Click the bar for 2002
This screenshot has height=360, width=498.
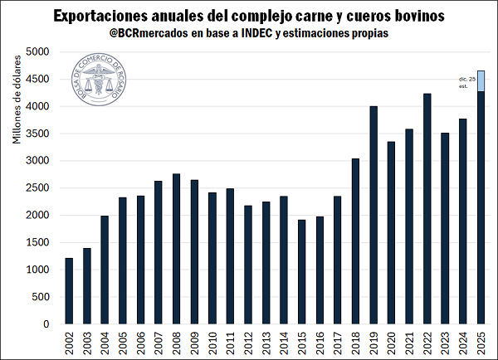tap(69, 291)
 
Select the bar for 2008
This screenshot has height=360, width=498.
tap(176, 249)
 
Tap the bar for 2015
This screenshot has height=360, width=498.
tap(301, 271)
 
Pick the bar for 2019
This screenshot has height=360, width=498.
tap(373, 215)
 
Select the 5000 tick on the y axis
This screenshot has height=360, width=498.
tap(39, 52)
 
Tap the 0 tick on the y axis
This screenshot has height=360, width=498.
tap(47, 324)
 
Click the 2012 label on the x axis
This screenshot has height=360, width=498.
tap(247, 342)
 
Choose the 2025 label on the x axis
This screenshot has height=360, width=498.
tap(480, 342)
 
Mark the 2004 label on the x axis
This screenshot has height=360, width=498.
tap(105, 342)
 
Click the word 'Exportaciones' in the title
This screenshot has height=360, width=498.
tap(100, 16)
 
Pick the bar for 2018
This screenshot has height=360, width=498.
tap(355, 241)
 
